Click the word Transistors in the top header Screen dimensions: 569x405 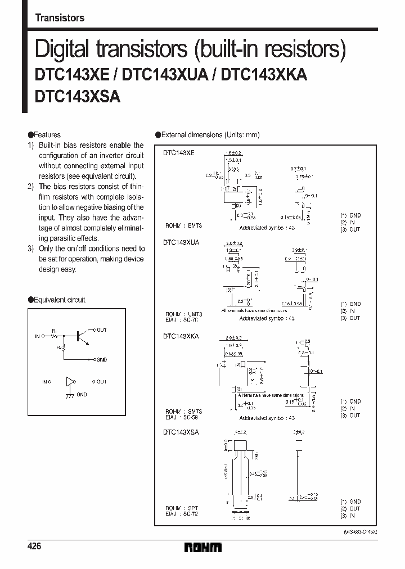coord(60,17)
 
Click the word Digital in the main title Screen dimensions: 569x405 coord(62,50)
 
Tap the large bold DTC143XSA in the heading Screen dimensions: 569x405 coord(77,96)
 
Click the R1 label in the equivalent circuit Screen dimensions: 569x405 coord(55,331)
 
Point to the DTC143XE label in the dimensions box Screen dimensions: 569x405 coord(178,153)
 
